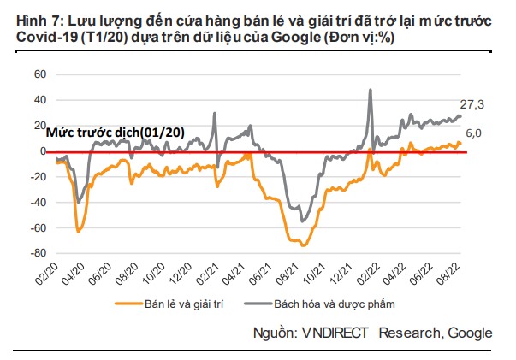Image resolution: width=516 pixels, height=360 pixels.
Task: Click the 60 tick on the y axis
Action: [x=39, y=74]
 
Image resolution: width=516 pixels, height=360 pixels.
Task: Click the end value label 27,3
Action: [x=472, y=103]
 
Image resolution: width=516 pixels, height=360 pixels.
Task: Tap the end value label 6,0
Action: [x=474, y=133]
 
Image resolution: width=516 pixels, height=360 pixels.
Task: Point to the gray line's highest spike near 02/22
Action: [x=371, y=90]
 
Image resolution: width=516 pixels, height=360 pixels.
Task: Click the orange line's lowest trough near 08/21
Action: [x=304, y=245]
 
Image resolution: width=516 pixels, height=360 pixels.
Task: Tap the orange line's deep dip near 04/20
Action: [x=78, y=232]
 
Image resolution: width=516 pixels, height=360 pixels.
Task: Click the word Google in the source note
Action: [x=469, y=332]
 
